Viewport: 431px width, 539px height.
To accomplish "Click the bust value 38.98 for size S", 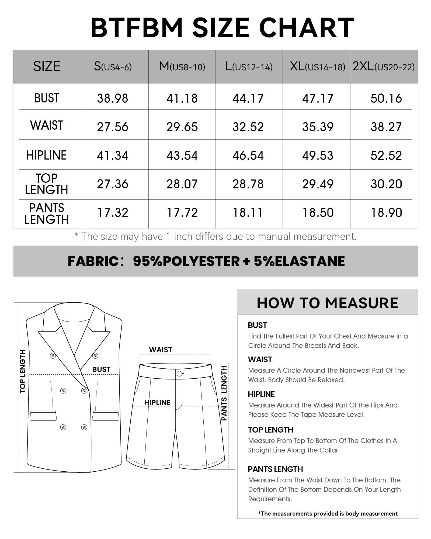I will (113, 98).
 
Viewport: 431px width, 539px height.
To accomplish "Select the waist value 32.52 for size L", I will (248, 127).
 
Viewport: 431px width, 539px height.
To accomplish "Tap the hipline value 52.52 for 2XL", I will (386, 156).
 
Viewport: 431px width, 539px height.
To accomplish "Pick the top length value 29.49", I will (318, 184).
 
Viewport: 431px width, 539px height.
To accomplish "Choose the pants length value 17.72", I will (182, 213).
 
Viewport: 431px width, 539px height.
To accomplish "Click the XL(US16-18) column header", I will (317, 67).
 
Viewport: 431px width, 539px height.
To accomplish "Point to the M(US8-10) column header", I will (182, 67).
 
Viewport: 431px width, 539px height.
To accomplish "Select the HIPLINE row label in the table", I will (46, 155).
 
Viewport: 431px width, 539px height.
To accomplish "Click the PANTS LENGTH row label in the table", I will (46, 214).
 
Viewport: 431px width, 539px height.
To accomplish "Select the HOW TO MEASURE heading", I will (327, 303).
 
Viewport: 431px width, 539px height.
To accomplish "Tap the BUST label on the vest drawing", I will (101, 369).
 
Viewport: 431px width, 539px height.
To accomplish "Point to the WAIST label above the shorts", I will (161, 350).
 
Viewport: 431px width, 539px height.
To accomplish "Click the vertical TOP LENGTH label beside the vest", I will (23, 371).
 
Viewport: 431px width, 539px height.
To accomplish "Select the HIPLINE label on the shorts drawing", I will (157, 402).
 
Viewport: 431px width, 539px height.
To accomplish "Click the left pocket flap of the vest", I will (43, 415).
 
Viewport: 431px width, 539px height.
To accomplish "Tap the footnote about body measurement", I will (328, 513).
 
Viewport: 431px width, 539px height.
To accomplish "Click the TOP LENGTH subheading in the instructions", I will (270, 430).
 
